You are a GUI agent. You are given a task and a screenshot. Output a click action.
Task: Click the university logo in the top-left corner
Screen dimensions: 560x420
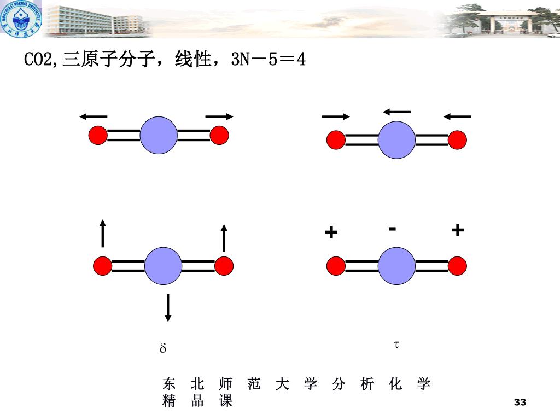21,20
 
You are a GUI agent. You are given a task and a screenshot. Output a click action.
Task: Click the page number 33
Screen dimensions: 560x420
520,402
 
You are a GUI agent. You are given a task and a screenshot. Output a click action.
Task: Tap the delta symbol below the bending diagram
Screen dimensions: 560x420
162,348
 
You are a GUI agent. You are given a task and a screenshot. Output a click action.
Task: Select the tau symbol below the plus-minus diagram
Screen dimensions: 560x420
396,345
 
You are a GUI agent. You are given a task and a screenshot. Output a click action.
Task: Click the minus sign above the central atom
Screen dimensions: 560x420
392,229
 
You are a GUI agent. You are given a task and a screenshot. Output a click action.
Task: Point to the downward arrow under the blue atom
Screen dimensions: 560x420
168,307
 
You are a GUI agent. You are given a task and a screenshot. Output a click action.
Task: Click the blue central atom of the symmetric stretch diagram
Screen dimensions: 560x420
159,135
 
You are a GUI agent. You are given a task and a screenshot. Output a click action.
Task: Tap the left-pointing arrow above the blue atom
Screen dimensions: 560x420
396,112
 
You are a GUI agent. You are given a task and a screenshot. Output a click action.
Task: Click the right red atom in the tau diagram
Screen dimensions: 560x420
457,266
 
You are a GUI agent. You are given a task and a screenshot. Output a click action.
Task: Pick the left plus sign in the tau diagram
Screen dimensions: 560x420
331,233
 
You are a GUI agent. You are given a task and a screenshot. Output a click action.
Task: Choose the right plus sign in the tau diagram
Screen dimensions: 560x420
458,230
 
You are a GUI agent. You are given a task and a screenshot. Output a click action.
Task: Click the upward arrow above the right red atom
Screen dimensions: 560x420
224,237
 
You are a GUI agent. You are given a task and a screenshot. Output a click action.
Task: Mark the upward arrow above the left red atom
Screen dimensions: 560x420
102,233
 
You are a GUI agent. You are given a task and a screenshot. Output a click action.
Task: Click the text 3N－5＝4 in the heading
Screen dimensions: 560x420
268,60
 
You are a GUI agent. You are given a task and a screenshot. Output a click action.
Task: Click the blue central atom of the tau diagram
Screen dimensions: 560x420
396,266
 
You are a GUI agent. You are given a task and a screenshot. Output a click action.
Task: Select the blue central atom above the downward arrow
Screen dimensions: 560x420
163,266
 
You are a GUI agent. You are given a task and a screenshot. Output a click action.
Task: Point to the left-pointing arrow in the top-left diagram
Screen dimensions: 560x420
93,116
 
